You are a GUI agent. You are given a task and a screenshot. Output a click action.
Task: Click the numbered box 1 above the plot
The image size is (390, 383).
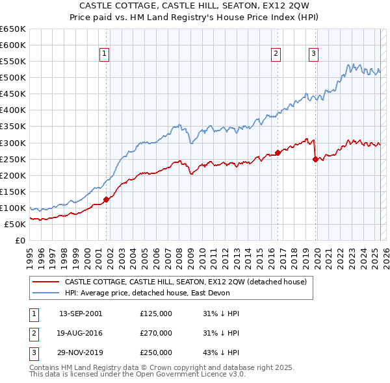(x=104, y=54)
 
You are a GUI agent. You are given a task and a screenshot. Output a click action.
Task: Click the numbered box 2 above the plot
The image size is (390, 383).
(x=276, y=54)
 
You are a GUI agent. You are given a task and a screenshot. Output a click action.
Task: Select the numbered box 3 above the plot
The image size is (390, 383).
(x=313, y=54)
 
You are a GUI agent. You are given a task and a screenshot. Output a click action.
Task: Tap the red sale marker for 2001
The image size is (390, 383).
(x=106, y=200)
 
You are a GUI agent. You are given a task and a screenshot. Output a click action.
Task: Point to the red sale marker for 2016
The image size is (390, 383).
(x=278, y=153)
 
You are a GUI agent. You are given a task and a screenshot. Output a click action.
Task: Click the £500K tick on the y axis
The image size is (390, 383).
(x=13, y=77)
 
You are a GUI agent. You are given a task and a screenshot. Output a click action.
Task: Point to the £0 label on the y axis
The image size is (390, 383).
(x=19, y=240)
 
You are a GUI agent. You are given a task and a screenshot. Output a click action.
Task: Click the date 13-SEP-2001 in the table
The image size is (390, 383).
(x=81, y=314)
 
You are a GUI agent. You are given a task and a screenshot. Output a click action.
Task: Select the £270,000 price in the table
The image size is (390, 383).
(x=156, y=333)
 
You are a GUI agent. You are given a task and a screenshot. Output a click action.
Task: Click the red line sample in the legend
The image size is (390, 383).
(x=45, y=282)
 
